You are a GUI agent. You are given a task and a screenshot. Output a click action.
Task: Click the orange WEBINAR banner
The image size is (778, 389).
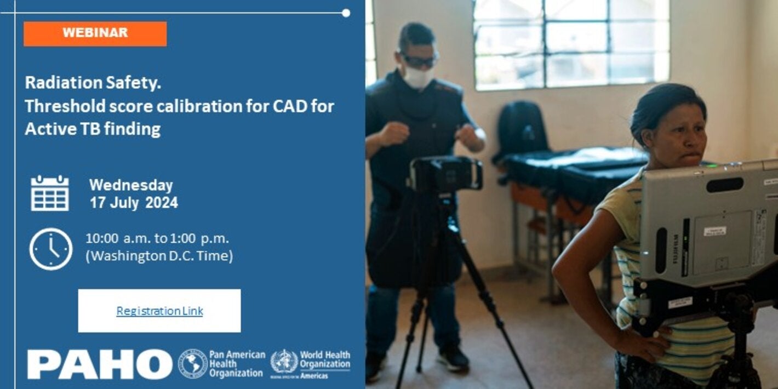(95, 33)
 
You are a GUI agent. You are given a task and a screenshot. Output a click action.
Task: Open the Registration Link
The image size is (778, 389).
(159, 311)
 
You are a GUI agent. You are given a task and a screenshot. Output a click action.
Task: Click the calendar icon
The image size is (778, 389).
(50, 193)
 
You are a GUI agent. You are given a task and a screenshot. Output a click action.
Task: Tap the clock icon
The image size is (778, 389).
(50, 249)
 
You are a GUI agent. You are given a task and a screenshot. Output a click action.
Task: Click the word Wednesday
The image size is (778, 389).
(131, 185)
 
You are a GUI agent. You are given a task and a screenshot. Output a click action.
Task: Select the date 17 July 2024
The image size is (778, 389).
(134, 203)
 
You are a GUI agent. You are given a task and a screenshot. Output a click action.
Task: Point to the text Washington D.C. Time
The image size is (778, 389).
(159, 256)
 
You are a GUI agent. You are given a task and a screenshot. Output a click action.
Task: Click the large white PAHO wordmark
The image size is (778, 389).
(100, 364)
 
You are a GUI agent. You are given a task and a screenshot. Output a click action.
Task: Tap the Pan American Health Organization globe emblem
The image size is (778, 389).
(192, 364)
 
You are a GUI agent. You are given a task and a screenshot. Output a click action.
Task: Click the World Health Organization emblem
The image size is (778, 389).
(284, 362)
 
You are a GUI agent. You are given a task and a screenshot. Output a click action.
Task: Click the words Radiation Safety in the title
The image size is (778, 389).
(93, 83)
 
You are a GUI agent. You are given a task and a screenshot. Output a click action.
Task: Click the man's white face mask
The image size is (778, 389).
(418, 77)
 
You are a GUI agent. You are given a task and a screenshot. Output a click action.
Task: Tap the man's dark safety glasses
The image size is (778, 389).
(419, 61)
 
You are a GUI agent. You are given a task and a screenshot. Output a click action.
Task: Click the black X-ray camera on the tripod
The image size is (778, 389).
(445, 174)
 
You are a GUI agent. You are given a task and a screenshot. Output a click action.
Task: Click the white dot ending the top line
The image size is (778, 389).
(346, 13)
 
